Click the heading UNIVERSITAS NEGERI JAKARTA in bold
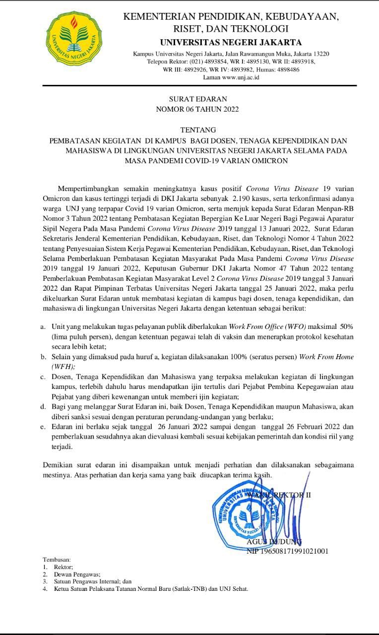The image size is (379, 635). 231,42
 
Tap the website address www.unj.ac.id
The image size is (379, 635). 241,77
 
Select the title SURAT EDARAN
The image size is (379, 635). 197,99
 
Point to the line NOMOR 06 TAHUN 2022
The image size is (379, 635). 197,109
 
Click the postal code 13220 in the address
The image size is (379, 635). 318,54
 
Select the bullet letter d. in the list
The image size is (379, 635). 43,406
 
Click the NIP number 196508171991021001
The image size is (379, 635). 287,551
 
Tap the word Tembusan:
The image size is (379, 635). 57,559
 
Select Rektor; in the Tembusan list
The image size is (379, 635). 64,567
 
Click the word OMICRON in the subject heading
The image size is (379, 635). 266,161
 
